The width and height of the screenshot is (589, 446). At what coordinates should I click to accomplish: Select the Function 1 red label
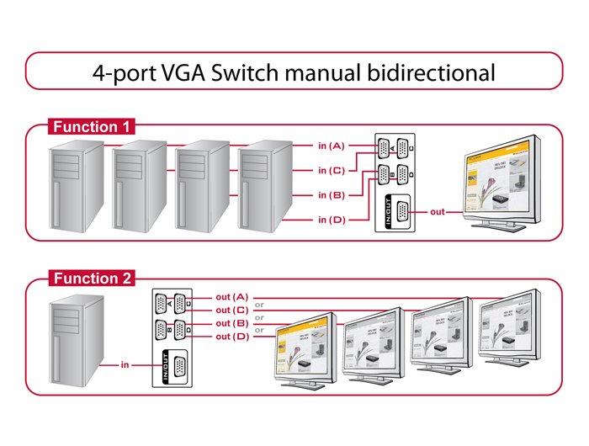click(x=92, y=127)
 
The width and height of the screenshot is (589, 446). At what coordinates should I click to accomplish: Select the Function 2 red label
click(x=92, y=279)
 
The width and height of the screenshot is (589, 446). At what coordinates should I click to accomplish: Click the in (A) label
click(x=331, y=146)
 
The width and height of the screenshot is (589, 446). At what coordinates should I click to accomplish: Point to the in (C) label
click(x=331, y=170)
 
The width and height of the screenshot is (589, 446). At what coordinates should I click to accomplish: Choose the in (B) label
click(x=331, y=195)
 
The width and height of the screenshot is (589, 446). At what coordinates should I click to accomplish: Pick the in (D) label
click(x=331, y=220)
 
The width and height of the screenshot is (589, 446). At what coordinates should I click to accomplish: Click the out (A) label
click(x=231, y=297)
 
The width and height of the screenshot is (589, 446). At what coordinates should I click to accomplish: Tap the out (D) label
click(x=231, y=337)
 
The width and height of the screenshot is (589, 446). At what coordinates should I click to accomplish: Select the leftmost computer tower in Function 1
click(x=77, y=187)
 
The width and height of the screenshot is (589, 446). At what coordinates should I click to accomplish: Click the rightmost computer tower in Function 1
click(x=265, y=187)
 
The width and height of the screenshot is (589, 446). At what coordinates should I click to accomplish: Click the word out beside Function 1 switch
click(x=437, y=211)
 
